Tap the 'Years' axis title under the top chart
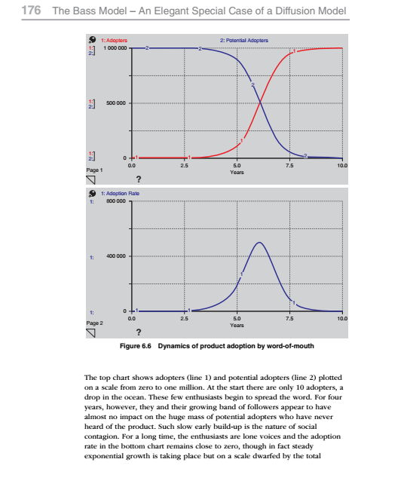pos(237,171)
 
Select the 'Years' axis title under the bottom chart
pos(237,325)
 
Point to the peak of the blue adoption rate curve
pos(259,243)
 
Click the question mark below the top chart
pos(137,179)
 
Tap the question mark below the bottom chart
pos(137,333)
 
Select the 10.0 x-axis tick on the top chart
pos(343,164)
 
